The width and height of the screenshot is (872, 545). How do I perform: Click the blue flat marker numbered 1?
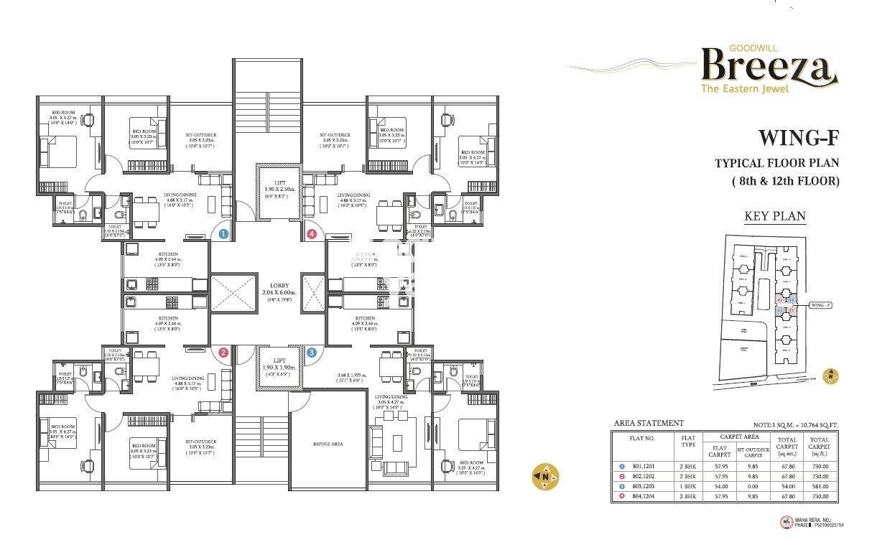pyautogui.click(x=223, y=234)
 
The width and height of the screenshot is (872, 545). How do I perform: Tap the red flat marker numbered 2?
pyautogui.click(x=223, y=353)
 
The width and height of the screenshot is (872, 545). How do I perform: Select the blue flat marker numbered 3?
pyautogui.click(x=311, y=353)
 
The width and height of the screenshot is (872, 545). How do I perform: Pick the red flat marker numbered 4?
pyautogui.click(x=311, y=234)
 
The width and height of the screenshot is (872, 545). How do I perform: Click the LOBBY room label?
pyautogui.click(x=279, y=285)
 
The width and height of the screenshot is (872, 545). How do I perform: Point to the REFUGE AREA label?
pyautogui.click(x=328, y=444)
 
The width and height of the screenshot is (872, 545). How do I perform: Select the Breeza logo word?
pyautogui.click(x=769, y=66)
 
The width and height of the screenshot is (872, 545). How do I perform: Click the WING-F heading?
pyautogui.click(x=798, y=138)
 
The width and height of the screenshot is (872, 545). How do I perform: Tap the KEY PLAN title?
pyautogui.click(x=774, y=216)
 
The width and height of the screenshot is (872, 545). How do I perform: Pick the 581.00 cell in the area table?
pyautogui.click(x=819, y=486)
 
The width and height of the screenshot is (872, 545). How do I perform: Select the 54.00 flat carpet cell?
pyautogui.click(x=719, y=486)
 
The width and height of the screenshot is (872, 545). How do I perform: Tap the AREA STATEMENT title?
pyautogui.click(x=649, y=423)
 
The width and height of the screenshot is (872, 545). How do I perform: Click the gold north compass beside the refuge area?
pyautogui.click(x=544, y=476)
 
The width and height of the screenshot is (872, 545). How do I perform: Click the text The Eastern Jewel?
pyautogui.click(x=745, y=89)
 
